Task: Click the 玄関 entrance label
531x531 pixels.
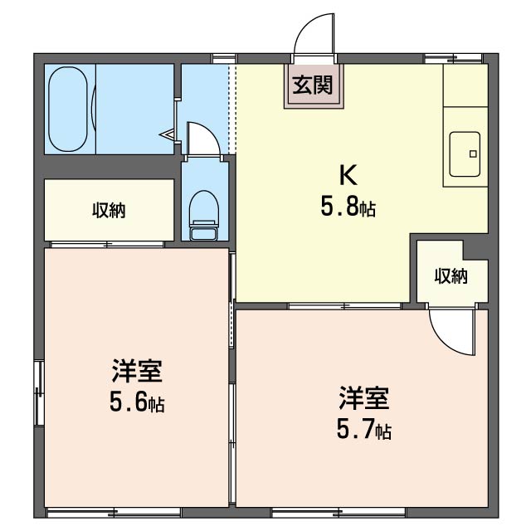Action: (314, 85)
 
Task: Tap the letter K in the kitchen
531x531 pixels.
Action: (348, 174)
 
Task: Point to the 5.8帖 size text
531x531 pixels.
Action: (348, 207)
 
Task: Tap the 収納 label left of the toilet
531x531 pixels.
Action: (109, 211)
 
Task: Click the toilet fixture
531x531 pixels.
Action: (202, 214)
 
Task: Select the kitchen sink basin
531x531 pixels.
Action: (466, 154)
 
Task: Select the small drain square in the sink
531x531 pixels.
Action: (474, 153)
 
